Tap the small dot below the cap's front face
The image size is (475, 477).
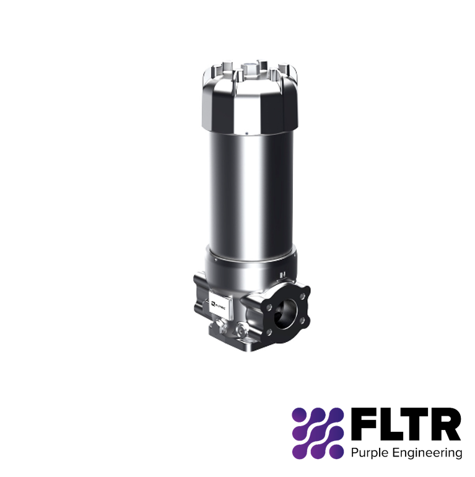coord(246,133)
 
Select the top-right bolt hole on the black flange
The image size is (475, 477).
coord(303,296)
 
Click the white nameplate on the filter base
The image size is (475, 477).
coord(221,305)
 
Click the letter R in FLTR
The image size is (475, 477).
coord(447,424)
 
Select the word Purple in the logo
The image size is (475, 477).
coord(368,453)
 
